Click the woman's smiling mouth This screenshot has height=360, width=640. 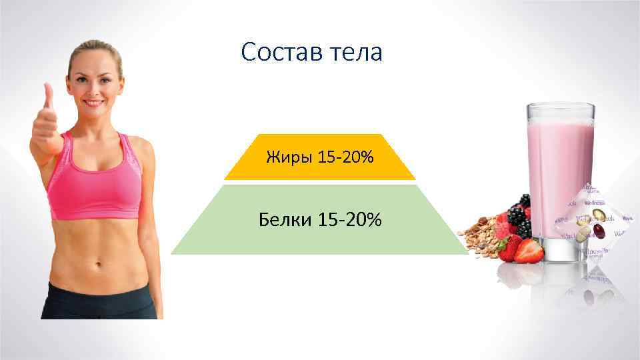click(x=93, y=103)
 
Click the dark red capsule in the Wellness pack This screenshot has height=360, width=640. click(x=597, y=231)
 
